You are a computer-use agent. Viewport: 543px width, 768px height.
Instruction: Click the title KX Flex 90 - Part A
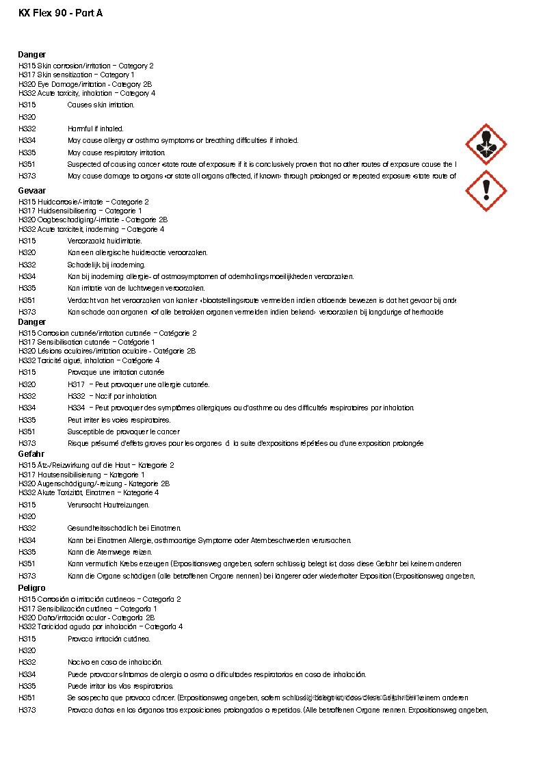(61, 13)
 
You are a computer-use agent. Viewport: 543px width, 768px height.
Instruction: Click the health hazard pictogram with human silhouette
(486, 144)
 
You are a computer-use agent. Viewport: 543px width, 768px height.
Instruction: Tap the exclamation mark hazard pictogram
(486, 190)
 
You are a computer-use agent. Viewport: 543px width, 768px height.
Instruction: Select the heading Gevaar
(31, 191)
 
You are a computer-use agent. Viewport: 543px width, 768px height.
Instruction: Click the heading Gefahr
(31, 454)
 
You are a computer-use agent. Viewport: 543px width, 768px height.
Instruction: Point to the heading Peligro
(31, 588)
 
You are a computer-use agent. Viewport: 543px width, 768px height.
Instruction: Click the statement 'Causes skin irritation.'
(101, 105)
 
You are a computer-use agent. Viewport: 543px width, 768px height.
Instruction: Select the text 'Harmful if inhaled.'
(95, 129)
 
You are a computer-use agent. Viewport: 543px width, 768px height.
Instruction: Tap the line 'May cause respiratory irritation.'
(116, 153)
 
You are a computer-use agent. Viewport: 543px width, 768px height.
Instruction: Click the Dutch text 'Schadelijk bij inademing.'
(106, 265)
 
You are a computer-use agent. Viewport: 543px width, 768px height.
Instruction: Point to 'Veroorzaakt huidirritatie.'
(105, 241)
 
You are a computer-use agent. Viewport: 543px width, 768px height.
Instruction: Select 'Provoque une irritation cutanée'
(116, 372)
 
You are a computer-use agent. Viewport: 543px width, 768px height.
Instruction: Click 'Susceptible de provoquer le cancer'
(123, 432)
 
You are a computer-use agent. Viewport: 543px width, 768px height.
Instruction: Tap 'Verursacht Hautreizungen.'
(108, 505)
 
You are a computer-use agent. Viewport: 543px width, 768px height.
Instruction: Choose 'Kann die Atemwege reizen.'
(109, 552)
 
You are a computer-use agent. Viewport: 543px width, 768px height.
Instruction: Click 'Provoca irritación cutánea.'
(109, 639)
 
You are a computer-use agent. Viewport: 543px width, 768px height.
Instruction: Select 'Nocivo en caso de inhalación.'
(115, 663)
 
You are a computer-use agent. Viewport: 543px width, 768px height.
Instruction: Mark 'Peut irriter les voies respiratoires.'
(119, 420)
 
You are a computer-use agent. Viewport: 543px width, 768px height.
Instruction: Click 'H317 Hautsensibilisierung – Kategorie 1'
(81, 475)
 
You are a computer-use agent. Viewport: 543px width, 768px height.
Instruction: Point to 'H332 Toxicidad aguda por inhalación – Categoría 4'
(101, 626)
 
